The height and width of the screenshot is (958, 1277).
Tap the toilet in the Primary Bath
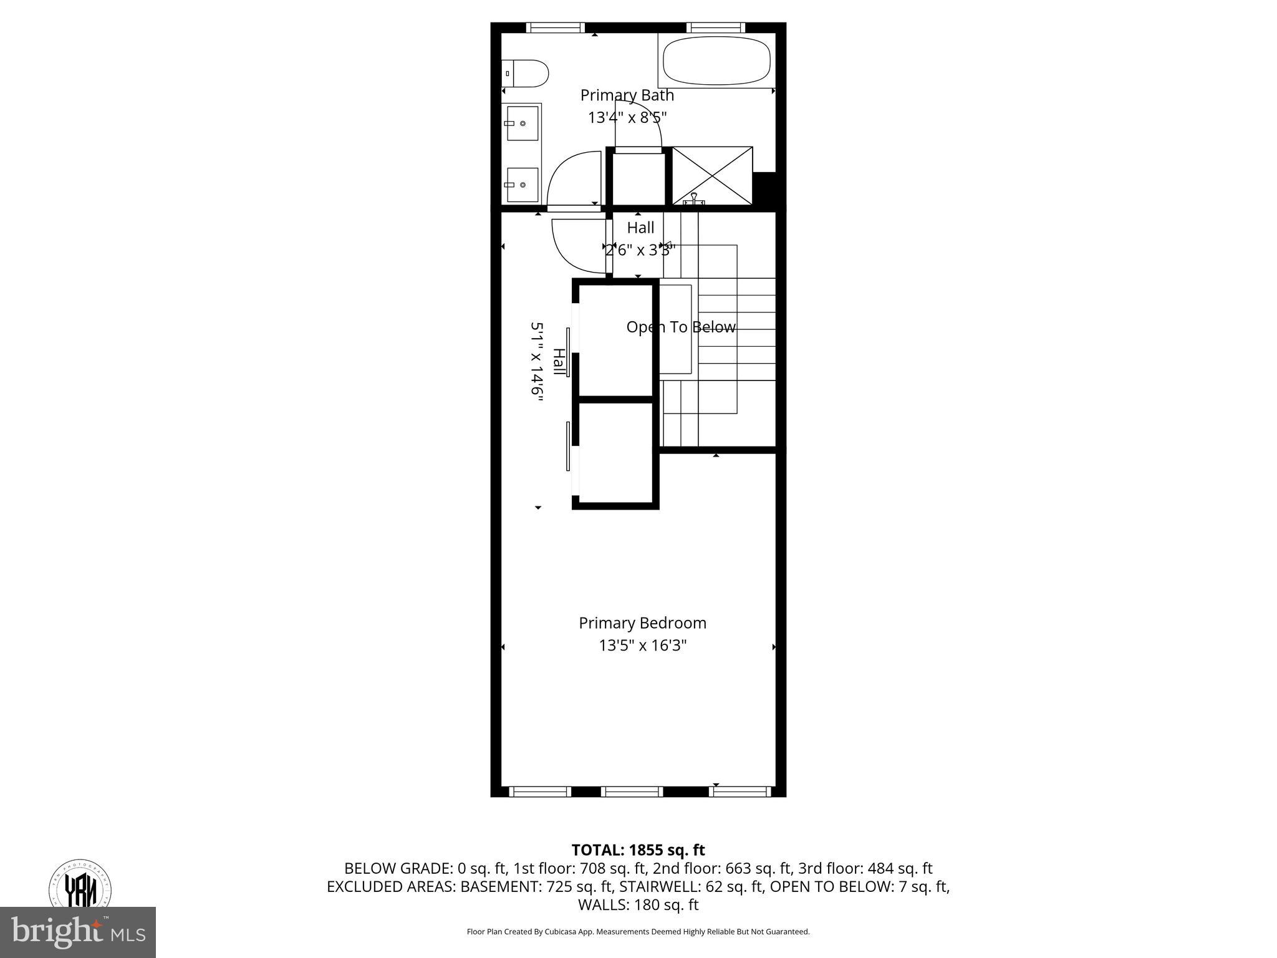coord(526,73)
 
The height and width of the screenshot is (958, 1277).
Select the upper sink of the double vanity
coord(522,123)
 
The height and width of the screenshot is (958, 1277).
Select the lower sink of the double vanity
coord(522,184)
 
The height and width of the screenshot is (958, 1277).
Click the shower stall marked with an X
coord(712,175)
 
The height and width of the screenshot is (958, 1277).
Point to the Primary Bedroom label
coord(642,623)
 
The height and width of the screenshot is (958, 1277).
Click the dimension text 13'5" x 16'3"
coord(642,646)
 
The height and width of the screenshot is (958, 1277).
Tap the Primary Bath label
coord(627,95)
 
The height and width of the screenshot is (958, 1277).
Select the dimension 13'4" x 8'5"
coord(627,117)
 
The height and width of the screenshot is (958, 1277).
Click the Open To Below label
coord(680,327)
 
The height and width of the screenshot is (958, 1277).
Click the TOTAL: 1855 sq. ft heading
coord(638,850)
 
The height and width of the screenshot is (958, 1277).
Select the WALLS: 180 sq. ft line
coord(638,904)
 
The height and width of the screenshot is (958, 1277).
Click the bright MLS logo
coord(78,932)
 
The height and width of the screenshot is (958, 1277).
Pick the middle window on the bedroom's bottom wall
coord(632,791)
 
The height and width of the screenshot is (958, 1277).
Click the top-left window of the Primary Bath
coord(555,27)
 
